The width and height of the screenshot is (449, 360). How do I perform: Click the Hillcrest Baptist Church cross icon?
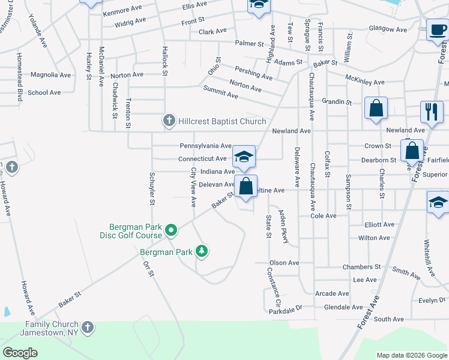pyautogui.click(x=169, y=121)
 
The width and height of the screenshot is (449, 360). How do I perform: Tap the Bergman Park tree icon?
pyautogui.click(x=202, y=251)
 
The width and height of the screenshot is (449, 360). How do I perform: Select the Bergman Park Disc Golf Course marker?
pyautogui.click(x=170, y=230)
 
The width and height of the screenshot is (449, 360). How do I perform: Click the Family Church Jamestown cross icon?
pyautogui.click(x=88, y=328)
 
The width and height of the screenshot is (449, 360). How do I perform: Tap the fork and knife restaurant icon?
pyautogui.click(x=432, y=111)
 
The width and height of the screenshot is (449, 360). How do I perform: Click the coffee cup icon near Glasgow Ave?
pyautogui.click(x=437, y=29)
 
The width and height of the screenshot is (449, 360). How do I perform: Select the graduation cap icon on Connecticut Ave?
pyautogui.click(x=244, y=157)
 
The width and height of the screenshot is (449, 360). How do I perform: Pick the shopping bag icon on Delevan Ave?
pyautogui.click(x=246, y=186)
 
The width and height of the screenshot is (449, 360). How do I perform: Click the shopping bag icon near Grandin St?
pyautogui.click(x=376, y=109)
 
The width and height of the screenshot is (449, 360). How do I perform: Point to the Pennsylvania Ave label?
pyautogui.click(x=205, y=146)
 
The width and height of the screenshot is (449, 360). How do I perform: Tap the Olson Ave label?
pyautogui.click(x=284, y=263)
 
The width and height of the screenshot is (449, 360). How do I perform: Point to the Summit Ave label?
pyautogui.click(x=220, y=91)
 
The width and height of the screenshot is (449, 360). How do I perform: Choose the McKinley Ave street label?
pyautogui.click(x=365, y=80)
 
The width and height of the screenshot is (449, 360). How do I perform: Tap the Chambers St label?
pyautogui.click(x=361, y=266)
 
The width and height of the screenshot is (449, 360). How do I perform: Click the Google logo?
pyautogui.click(x=20, y=352)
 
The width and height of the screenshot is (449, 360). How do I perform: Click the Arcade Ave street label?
pyautogui.click(x=332, y=293)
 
